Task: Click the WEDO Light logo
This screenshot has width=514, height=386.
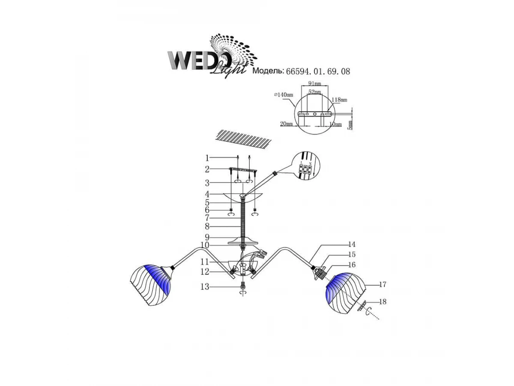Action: click(x=212, y=56)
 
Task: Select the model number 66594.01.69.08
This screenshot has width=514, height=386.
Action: click(x=318, y=71)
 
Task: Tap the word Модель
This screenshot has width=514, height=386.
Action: click(x=268, y=71)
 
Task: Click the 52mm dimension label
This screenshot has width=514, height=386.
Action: click(x=314, y=92)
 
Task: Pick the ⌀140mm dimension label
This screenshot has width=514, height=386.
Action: click(x=284, y=95)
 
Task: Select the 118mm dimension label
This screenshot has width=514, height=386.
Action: click(x=339, y=100)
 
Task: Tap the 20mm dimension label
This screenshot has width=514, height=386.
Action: click(x=286, y=124)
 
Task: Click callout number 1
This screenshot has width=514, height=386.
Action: click(x=207, y=158)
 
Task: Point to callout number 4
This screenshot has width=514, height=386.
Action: click(x=207, y=194)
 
